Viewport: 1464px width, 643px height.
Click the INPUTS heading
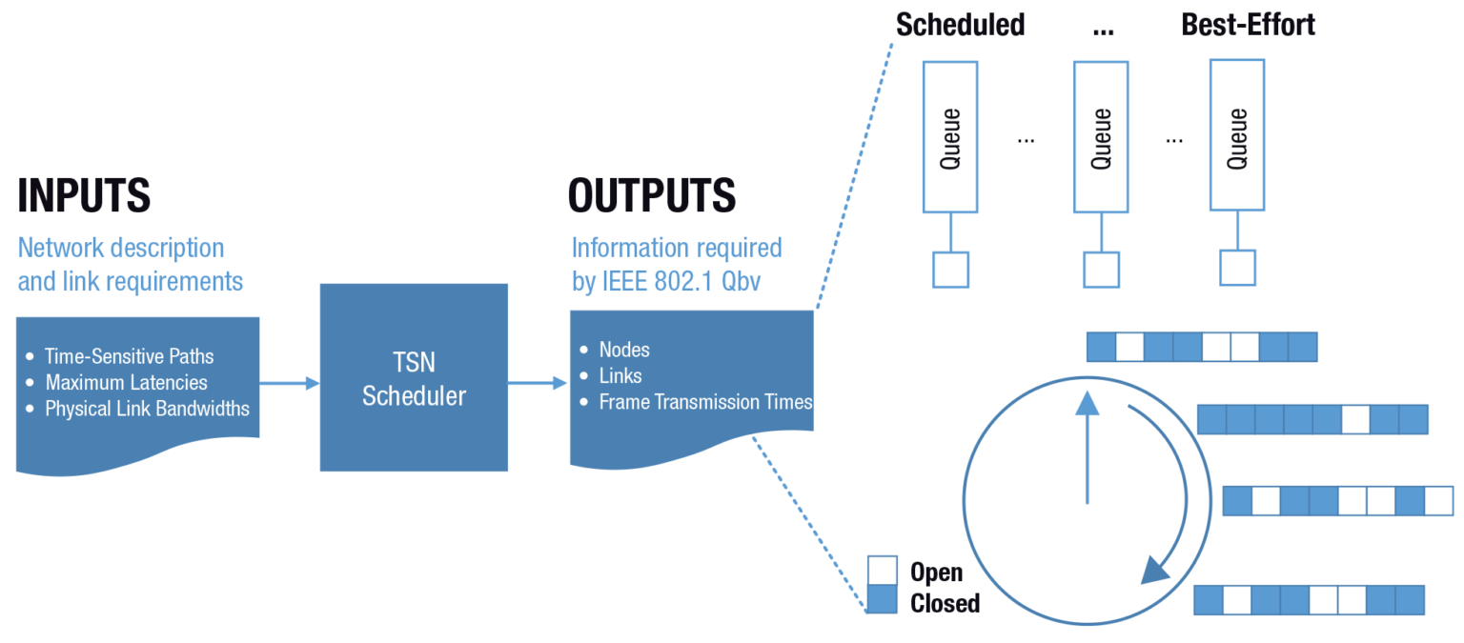pos(84,195)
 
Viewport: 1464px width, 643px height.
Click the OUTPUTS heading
pos(651,195)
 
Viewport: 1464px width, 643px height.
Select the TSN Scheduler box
pos(414,377)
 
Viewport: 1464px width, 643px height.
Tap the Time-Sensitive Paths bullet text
pos(130,356)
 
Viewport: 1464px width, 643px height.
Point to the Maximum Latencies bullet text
pos(126,382)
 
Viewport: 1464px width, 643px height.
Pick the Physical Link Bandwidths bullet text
pos(147,409)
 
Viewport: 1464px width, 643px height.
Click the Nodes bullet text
pos(624,350)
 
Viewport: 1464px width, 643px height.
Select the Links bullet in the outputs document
pos(620,375)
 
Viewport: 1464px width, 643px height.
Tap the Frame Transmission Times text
pos(705,402)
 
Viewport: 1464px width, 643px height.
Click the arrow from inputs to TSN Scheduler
pos(289,383)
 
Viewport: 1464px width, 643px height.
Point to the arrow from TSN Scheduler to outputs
pos(538,383)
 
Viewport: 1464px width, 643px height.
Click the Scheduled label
pos(960,25)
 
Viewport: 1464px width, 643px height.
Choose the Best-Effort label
pos(1248,25)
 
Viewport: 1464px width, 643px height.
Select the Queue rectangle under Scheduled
pos(950,137)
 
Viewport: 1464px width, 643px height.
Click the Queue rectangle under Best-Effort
pos(1237,135)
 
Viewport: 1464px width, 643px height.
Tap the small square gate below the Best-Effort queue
pos(1237,268)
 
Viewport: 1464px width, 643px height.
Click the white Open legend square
pos(882,571)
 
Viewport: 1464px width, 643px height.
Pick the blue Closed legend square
pos(882,599)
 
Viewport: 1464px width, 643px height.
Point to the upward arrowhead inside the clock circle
pos(1087,404)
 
